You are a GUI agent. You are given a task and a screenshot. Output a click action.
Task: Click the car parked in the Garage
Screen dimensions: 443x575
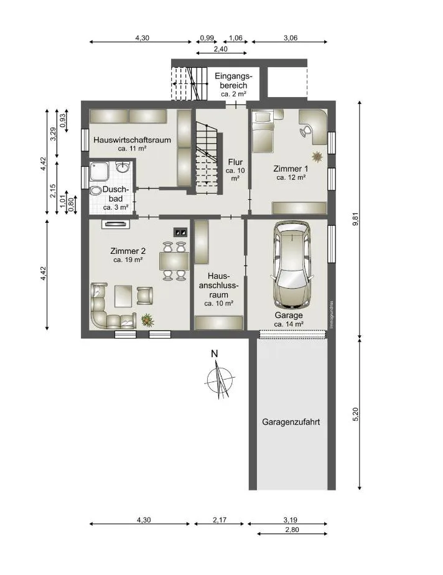(x=292, y=264)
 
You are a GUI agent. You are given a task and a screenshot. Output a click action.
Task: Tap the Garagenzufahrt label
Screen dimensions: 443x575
(x=291, y=422)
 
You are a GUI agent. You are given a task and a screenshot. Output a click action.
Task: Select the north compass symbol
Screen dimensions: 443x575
(x=219, y=377)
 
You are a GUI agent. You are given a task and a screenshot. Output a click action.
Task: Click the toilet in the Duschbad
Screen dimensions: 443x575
(x=96, y=190)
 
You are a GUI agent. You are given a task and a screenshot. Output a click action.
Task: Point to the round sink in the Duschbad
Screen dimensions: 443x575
(x=123, y=167)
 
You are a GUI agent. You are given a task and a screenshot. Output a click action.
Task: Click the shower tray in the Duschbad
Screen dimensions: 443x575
(x=100, y=171)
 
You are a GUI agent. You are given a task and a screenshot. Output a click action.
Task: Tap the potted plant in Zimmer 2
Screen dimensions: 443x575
(x=147, y=320)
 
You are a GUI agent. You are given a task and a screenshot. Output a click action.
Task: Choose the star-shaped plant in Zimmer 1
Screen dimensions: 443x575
(x=317, y=157)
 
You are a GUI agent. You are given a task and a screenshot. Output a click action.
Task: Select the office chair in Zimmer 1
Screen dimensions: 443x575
(x=305, y=131)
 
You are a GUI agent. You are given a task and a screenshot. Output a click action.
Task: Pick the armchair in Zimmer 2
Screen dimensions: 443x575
(x=144, y=296)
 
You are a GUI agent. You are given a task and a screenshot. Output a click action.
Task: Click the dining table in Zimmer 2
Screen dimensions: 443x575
(x=174, y=261)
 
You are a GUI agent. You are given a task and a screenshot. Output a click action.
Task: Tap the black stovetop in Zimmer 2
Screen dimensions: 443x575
(x=180, y=231)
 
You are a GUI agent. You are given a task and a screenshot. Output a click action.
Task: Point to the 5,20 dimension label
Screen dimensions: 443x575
(x=355, y=414)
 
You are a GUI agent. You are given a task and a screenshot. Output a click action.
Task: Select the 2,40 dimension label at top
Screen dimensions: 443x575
(x=221, y=49)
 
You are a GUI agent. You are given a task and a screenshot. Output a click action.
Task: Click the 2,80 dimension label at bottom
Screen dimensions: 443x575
(x=292, y=529)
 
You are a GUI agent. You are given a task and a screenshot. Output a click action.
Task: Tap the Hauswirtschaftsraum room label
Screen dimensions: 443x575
(x=132, y=140)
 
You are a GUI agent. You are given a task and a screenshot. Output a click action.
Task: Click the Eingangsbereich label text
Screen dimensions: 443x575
(x=233, y=81)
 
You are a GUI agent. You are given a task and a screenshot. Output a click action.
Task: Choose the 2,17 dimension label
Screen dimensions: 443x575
(x=219, y=520)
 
